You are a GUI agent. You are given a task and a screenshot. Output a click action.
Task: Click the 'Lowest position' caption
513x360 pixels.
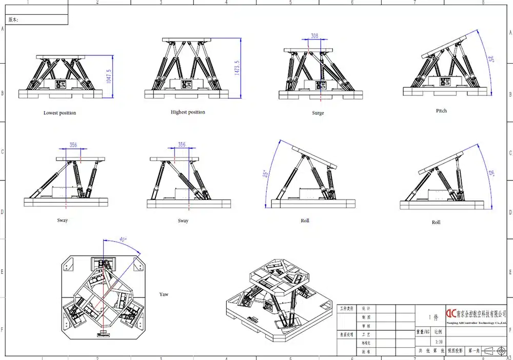(x=60, y=113)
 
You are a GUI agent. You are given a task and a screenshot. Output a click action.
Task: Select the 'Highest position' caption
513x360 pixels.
(x=188, y=112)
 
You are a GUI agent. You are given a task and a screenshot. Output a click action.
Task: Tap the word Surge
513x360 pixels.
(x=318, y=113)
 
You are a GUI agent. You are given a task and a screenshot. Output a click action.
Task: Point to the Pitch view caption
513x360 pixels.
(x=441, y=111)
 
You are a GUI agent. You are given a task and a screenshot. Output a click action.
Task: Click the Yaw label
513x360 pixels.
(x=164, y=294)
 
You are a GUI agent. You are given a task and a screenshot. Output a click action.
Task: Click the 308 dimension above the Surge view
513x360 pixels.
(x=314, y=36)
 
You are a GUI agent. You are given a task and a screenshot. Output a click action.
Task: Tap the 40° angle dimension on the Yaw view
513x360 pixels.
(x=122, y=239)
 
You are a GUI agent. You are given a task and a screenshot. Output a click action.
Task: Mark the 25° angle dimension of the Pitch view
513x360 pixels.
(x=491, y=59)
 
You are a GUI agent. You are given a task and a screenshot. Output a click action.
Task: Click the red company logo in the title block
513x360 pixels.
(x=450, y=313)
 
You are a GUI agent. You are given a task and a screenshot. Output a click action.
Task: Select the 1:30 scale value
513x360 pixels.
(x=439, y=342)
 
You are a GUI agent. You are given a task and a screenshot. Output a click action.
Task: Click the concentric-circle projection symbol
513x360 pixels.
(x=501, y=351)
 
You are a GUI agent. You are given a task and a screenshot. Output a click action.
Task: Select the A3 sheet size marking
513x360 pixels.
(x=508, y=357)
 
